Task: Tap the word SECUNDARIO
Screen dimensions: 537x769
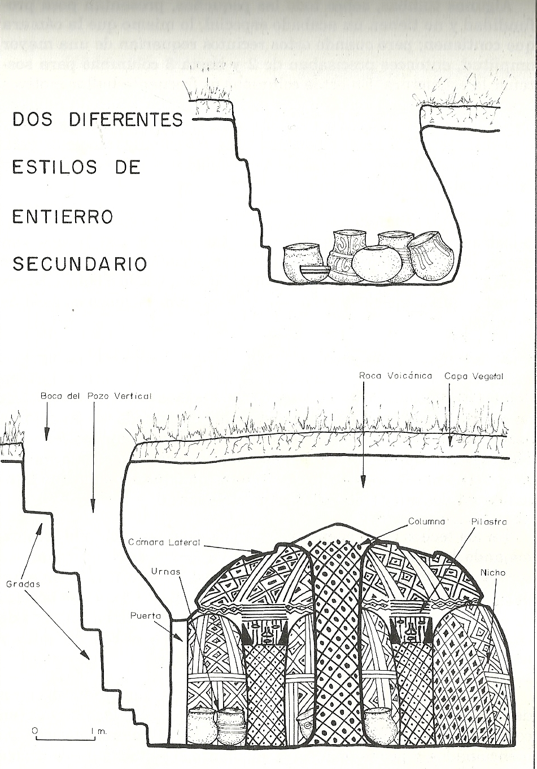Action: click(x=80, y=264)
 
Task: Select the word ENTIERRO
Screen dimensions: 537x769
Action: click(x=63, y=216)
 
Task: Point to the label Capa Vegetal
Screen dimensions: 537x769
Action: click(x=474, y=376)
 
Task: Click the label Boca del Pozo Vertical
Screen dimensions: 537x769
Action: click(x=96, y=396)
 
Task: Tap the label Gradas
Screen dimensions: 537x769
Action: click(x=24, y=584)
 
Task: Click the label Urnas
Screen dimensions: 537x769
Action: click(x=165, y=572)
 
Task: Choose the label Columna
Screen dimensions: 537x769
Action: click(x=427, y=522)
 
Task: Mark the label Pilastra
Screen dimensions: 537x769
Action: click(x=489, y=522)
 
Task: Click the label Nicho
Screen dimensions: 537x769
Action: click(x=493, y=573)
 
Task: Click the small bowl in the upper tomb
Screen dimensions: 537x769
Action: click(x=315, y=274)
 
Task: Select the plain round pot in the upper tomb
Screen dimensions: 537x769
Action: click(x=377, y=264)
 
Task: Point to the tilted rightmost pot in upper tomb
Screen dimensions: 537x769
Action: click(x=431, y=255)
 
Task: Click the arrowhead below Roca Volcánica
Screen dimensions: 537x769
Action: click(x=363, y=481)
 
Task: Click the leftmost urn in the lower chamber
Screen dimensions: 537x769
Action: click(x=202, y=726)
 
